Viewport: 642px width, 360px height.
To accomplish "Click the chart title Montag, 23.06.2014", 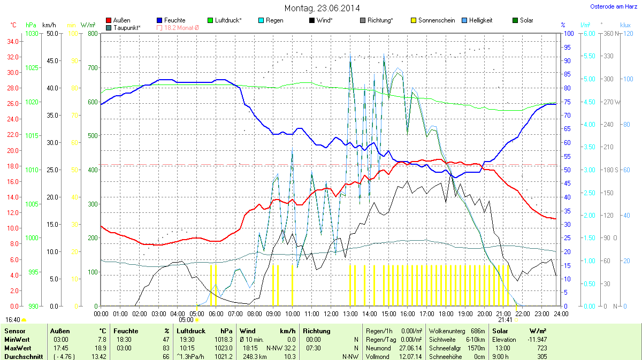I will coord(322,8).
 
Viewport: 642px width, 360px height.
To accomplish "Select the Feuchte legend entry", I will coord(174,20).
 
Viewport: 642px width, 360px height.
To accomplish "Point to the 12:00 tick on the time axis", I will coord(331,313).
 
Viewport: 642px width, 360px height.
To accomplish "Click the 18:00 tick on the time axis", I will coord(446,313).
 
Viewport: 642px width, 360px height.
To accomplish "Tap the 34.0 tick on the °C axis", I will coord(13,42).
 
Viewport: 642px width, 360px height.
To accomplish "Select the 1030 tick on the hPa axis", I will coord(32,34).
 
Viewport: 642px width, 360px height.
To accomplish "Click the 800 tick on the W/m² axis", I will coord(93,34).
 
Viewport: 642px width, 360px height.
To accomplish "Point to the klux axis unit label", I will coord(625,25).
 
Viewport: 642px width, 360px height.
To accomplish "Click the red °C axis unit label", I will coord(13,25).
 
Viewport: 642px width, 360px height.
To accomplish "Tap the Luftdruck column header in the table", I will coord(191,331).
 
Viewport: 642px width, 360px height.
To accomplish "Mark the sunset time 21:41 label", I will coord(505,319).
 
